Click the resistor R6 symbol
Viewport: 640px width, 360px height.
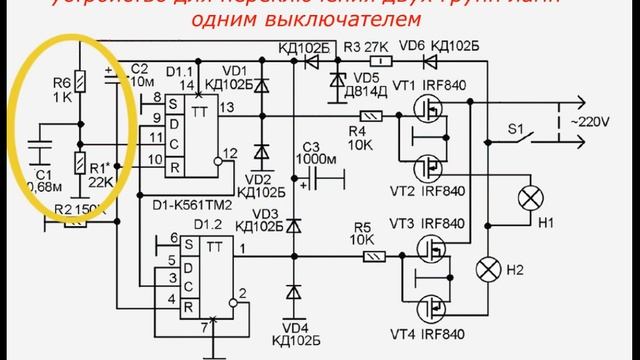point(81,80)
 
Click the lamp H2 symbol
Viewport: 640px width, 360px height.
point(489,268)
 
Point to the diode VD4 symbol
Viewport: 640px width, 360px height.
point(292,293)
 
